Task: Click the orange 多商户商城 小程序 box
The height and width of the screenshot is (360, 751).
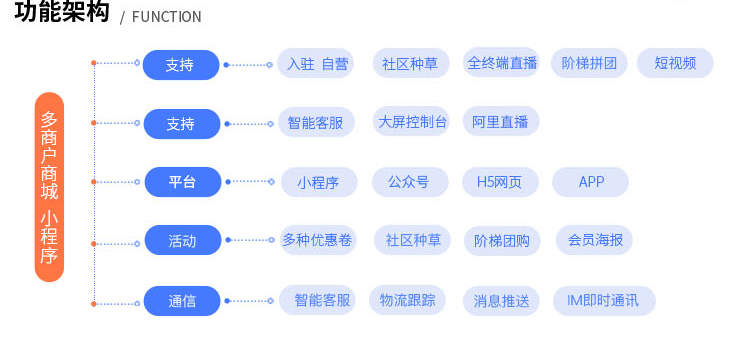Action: [x=49, y=187]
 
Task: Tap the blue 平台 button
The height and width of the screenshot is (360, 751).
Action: [x=181, y=182]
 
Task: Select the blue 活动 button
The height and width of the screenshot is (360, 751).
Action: [x=181, y=241]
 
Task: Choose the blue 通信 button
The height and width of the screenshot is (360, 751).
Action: [x=181, y=301]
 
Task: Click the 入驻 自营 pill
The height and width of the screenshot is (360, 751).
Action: [x=317, y=64]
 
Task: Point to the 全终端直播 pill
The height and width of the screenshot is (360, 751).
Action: [x=501, y=63]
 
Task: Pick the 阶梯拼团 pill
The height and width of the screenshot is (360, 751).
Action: [x=589, y=64]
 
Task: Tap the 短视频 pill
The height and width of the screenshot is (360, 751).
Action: [x=675, y=64]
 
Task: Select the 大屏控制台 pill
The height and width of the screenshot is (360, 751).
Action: [x=411, y=122]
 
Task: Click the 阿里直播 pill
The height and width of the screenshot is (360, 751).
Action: [x=500, y=122]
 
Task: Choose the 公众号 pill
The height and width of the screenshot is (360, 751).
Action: [x=408, y=182]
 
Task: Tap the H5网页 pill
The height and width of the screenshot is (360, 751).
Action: [x=500, y=182]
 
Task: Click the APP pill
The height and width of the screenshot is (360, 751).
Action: [x=591, y=182]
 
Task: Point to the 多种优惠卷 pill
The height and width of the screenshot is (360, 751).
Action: [x=317, y=240]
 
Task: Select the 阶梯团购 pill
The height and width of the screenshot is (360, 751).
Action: [x=502, y=241]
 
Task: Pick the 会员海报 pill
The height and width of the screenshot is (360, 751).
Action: [x=595, y=240]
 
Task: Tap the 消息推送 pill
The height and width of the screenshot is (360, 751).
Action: [x=501, y=301]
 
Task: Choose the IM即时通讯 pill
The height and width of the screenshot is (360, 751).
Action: [x=603, y=301]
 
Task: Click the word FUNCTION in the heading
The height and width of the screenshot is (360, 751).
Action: [x=166, y=17]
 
